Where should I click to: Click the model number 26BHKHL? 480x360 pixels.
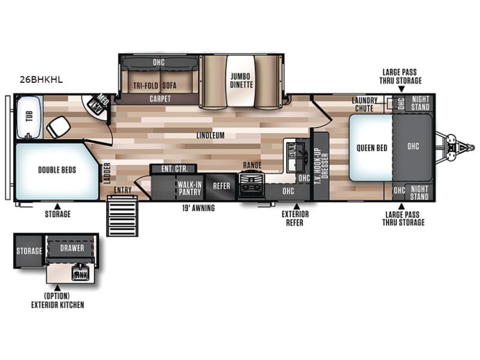click(x=41, y=80)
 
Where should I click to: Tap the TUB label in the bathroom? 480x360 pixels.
click(x=29, y=116)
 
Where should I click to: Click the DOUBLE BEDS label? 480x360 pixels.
click(x=57, y=170)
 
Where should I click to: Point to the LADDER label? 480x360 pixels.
click(x=107, y=173)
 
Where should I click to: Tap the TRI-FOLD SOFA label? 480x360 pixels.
click(x=155, y=85)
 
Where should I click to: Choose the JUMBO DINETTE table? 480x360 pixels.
click(x=241, y=81)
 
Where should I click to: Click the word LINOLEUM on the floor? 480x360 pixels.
click(x=211, y=136)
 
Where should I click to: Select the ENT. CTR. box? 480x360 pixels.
click(x=174, y=169)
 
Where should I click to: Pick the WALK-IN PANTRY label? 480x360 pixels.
click(x=190, y=188)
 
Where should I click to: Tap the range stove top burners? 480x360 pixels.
click(x=251, y=185)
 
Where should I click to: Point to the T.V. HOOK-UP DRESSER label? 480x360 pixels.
click(x=321, y=166)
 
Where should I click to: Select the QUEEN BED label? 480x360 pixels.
click(x=372, y=148)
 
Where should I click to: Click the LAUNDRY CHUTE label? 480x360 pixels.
click(x=364, y=104)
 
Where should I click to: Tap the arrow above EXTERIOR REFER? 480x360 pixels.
click(x=296, y=206)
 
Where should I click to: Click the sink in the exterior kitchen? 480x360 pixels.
click(x=80, y=273)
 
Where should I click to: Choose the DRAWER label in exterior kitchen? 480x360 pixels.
click(x=72, y=248)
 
